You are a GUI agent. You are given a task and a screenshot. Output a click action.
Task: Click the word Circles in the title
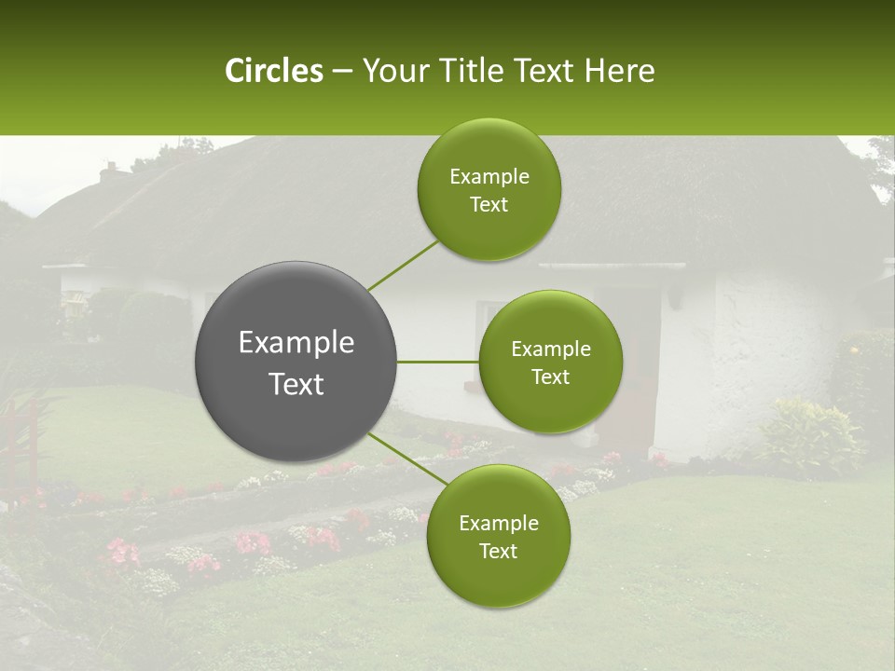coord(273,71)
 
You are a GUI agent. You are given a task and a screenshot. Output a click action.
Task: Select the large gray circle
coord(296,362)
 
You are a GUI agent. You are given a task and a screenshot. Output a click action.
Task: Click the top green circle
coord(489,189)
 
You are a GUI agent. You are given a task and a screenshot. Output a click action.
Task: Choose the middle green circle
coord(550,362)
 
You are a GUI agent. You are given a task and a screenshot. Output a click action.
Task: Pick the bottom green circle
coord(498,536)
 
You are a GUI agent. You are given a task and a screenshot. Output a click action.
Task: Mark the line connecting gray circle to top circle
coord(403,265)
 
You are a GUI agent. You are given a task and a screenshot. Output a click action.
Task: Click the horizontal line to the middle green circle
coord(438,362)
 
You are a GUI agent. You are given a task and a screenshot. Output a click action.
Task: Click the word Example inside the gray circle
coord(296,342)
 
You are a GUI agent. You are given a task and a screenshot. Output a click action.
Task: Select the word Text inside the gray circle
coord(296,384)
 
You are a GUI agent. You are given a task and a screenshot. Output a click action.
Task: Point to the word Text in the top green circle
coord(489,205)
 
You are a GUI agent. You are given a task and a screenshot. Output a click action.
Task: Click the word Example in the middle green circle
coord(550,349)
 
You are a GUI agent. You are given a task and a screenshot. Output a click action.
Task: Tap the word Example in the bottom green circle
coord(498,523)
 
